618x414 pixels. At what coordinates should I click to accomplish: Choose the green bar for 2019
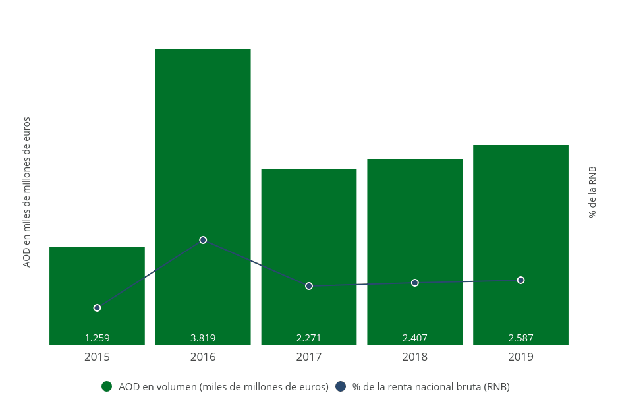pos(520,211)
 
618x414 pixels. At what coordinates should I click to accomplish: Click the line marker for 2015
pos(97,308)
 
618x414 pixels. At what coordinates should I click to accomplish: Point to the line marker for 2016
pos(203,240)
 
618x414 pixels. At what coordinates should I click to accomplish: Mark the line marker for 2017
pos(309,286)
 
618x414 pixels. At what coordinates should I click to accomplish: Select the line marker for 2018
pos(415,283)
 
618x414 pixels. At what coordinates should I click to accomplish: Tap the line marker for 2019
pos(520,280)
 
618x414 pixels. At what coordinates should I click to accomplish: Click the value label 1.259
pos(97,338)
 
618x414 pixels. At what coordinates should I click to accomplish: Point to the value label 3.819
pos(203,338)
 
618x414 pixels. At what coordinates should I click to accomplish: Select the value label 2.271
pos(309,338)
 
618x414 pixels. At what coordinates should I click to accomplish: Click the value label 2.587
pos(520,338)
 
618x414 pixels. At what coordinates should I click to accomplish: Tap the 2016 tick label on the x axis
pos(203,357)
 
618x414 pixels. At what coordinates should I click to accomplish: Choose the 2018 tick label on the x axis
pos(415,357)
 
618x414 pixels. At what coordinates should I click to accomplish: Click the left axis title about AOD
pos(27,192)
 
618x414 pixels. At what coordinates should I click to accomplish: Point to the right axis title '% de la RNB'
pos(592,192)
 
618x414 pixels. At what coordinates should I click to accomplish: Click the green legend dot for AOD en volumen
pos(107,386)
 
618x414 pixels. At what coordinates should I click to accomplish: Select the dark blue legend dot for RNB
pos(341,386)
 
